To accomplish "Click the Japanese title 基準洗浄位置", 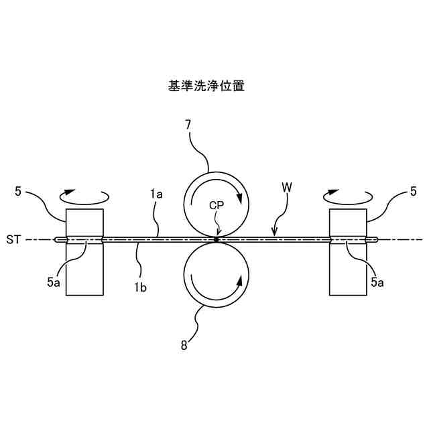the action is coord(206,86).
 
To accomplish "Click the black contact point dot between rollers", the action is coord(216,239).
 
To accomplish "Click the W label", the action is coord(287,189).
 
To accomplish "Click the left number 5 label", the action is coord(18,192).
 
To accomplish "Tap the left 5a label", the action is coord(54,283).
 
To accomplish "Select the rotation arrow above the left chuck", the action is coord(84,196).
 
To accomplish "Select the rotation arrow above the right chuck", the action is coord(347,196).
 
